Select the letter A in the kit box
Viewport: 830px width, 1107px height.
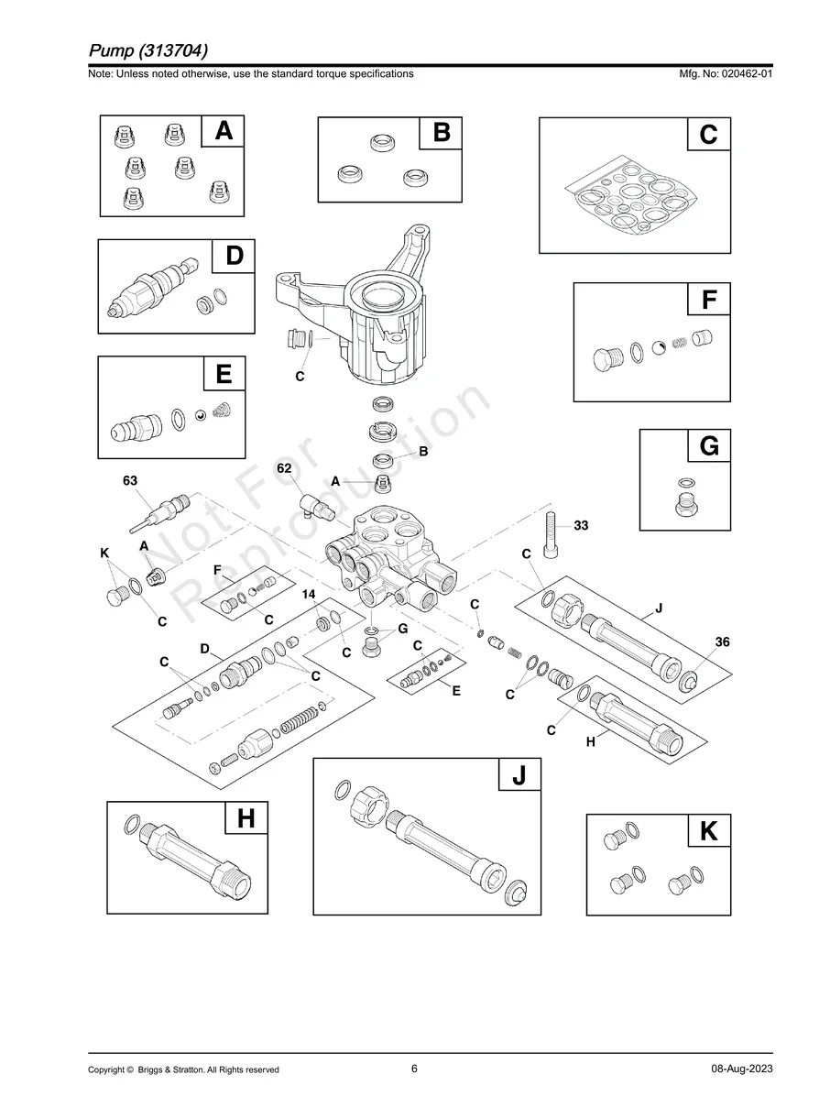click(x=224, y=132)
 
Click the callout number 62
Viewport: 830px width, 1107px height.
click(x=285, y=468)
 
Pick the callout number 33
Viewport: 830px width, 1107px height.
click(x=581, y=525)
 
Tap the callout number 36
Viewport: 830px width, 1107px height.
click(x=722, y=642)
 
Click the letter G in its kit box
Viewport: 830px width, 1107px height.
click(x=708, y=447)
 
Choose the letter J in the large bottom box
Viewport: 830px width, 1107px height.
click(x=519, y=775)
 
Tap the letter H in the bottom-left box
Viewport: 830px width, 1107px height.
click(x=246, y=818)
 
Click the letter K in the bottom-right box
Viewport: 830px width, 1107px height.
click(x=708, y=832)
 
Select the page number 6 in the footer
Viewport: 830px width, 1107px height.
click(x=415, y=1069)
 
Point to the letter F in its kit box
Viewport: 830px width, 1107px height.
click(x=708, y=300)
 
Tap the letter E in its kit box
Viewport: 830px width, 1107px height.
click(x=224, y=374)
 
